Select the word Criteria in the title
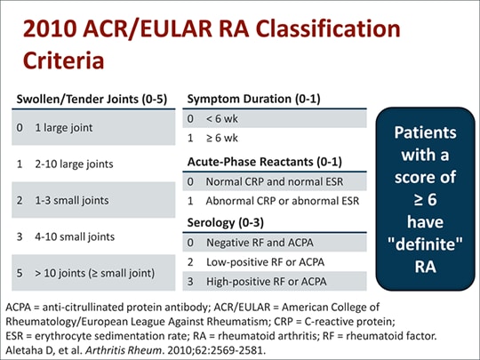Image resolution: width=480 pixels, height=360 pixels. [68, 61]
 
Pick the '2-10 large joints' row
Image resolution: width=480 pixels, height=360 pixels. [75, 164]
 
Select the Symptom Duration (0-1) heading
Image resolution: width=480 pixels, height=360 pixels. [249, 98]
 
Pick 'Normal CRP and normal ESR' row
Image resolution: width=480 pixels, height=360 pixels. [273, 181]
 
